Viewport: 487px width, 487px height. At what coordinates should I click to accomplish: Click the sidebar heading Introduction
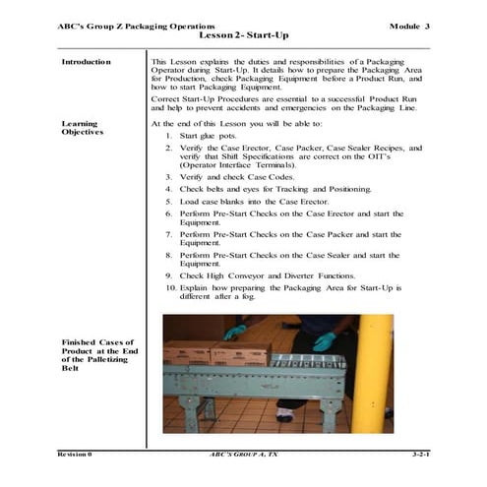(86, 62)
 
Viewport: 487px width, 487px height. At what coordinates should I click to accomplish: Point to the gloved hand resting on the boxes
(235, 332)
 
